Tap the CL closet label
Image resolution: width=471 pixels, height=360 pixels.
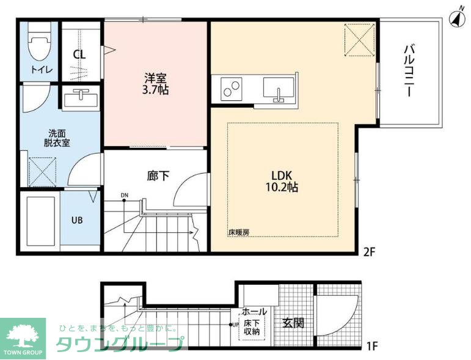(79, 54)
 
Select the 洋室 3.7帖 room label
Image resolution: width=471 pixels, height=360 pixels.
(155, 84)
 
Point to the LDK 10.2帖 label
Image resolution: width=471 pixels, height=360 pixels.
(282, 181)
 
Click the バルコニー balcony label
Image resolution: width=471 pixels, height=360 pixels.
(409, 71)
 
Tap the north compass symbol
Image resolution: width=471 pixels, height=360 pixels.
(457, 18)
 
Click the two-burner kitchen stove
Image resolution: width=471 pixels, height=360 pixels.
(232, 89)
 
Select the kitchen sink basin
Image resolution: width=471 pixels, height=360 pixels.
(279, 89)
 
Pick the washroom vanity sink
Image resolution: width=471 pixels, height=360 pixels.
(81, 97)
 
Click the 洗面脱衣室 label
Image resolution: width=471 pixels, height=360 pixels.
(57, 138)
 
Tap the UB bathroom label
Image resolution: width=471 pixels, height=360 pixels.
(77, 220)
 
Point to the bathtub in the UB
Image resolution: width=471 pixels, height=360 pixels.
(40, 221)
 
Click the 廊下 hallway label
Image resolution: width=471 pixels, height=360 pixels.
(158, 176)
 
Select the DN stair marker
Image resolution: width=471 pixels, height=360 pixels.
(125, 196)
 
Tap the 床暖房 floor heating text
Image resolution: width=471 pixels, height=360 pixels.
(239, 232)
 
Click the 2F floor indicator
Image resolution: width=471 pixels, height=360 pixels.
(370, 252)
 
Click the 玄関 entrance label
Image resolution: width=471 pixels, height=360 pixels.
(293, 323)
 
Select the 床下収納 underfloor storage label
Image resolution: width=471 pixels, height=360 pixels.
(252, 328)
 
